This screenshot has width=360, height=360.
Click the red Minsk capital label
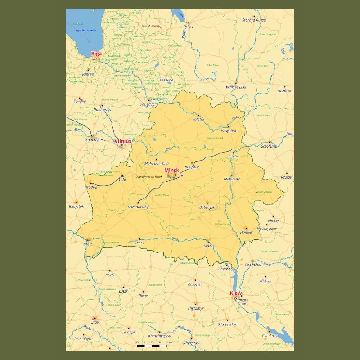click(x=172, y=170)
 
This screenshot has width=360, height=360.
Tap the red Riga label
click(x=96, y=54)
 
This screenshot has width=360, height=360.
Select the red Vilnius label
click(x=123, y=141)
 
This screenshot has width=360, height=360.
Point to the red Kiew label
click(x=236, y=293)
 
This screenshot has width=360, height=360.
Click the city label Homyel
click(x=247, y=233)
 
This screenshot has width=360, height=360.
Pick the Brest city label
click(x=88, y=244)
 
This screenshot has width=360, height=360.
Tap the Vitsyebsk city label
click(x=229, y=131)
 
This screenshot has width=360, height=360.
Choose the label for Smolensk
click(x=270, y=146)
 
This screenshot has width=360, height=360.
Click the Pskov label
click(x=189, y=27)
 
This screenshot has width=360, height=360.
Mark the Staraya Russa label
click(x=254, y=20)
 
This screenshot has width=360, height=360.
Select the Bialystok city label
click(x=76, y=207)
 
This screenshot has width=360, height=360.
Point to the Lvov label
click(x=94, y=323)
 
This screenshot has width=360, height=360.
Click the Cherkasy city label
click(x=270, y=336)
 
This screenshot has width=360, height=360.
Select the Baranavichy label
click(x=138, y=207)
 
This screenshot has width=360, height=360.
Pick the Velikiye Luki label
click(x=236, y=87)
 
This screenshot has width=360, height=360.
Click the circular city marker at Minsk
click(x=171, y=175)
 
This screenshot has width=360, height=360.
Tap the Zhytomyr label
click(x=195, y=308)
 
